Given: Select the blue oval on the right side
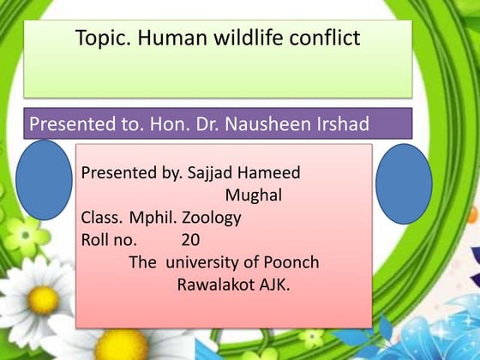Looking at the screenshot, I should pos(403,184).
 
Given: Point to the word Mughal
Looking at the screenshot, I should pos(254,195).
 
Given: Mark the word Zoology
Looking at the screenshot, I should pos(210,218).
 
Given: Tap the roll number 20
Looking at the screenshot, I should pos(191,240).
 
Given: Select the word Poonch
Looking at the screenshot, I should pos(289,262).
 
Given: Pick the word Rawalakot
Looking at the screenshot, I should pos(216,285).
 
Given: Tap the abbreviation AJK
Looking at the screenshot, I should pos(274,285).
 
